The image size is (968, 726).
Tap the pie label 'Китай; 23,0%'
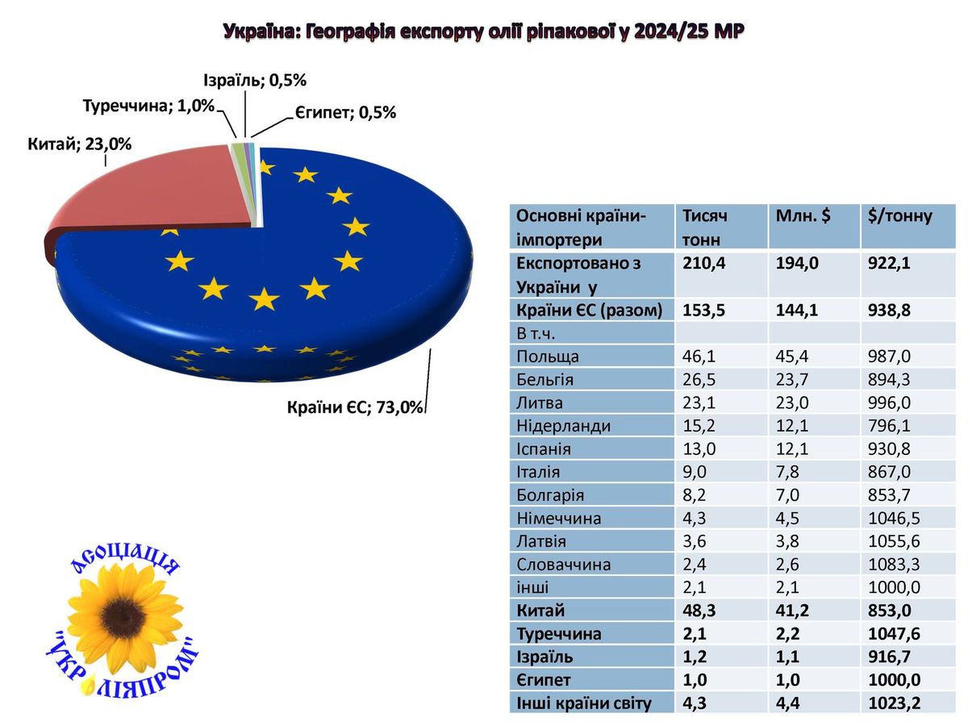(x=80, y=144)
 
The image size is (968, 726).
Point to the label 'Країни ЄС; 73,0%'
(x=356, y=407)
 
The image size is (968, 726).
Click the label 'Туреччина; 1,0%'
(x=148, y=106)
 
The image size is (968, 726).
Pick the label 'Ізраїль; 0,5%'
(x=254, y=80)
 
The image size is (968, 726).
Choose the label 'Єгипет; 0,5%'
(x=344, y=113)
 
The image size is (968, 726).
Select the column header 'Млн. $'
(x=806, y=216)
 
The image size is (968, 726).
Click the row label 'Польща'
(x=548, y=356)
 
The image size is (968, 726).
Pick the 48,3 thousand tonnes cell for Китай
(x=699, y=611)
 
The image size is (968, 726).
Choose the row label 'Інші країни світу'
(x=583, y=703)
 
